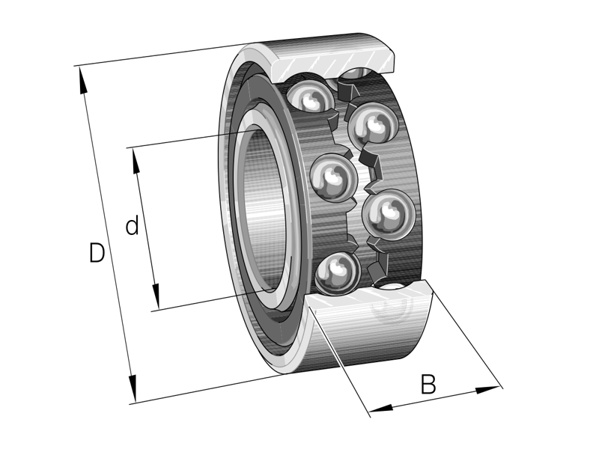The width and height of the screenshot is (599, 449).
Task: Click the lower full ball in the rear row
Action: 385,216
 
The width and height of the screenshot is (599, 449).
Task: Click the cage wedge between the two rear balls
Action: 371,168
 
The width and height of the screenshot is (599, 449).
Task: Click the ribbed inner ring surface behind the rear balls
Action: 408,172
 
